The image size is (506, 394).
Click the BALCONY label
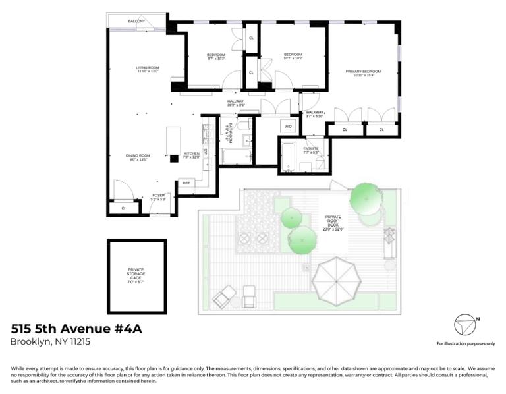point(136,22)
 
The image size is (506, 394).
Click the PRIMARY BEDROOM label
point(363,73)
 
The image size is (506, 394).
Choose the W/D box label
point(288,125)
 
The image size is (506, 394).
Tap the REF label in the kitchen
point(186,183)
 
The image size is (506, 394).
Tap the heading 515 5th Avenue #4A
point(76,327)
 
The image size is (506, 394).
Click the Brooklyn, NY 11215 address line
point(50,341)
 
